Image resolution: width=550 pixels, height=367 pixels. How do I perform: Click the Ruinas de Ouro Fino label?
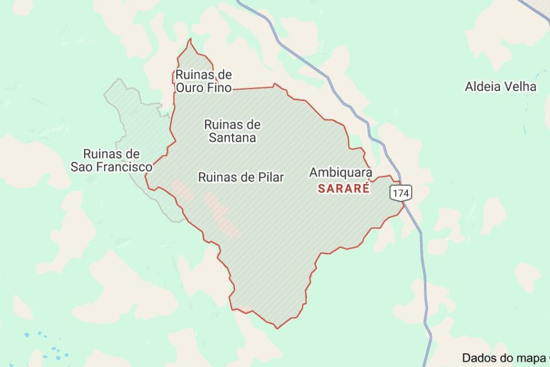[x=203, y=81]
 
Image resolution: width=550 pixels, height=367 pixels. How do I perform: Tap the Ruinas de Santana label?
[x=232, y=131]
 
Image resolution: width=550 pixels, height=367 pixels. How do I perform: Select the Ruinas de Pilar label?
[x=241, y=177]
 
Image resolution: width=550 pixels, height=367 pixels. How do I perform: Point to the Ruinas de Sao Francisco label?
[x=112, y=161]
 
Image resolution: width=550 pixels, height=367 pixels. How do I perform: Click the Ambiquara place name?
[x=340, y=172]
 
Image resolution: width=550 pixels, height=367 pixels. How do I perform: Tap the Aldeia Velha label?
[x=501, y=87]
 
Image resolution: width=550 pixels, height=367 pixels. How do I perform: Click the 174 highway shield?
[x=400, y=193]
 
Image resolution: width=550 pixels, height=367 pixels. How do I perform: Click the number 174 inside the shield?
[x=400, y=193]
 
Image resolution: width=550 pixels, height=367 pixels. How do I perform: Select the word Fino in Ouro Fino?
[x=220, y=88]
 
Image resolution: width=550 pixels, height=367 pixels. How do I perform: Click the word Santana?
[x=232, y=138]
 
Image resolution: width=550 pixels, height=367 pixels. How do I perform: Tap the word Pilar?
[x=270, y=177]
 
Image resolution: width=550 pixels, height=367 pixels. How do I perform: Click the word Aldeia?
[x=482, y=87]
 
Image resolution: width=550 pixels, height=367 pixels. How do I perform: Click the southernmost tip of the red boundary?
[x=277, y=329]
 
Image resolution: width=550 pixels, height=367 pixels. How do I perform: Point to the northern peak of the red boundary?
[x=190, y=39]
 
